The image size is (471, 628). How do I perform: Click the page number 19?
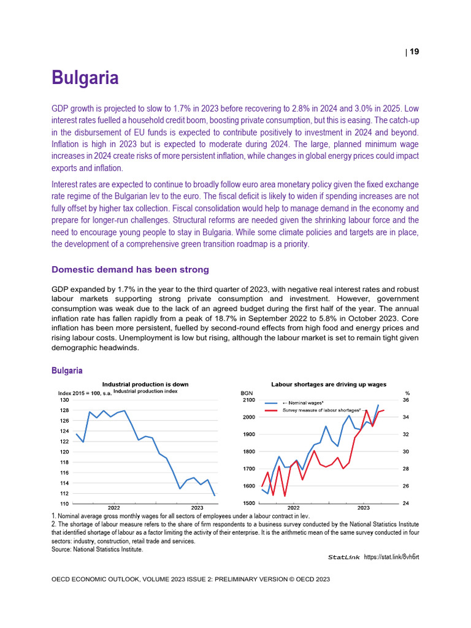coord(414,52)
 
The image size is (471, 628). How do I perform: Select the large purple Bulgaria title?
coord(85,78)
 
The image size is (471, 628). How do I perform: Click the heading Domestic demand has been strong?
coord(130,270)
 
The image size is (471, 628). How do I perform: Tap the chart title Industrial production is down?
coord(145,384)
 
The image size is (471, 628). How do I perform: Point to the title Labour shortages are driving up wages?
coord(329,384)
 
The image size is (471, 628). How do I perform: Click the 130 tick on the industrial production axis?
coord(63,400)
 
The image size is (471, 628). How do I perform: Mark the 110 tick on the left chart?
coord(63,504)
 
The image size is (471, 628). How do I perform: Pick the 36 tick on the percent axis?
coord(405,400)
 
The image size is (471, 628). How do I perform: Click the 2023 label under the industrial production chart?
coord(197,508)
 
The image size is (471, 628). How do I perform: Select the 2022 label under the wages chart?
coord(293,508)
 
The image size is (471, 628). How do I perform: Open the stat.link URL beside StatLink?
coord(391,557)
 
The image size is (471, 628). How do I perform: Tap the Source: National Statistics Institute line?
coord(97,549)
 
